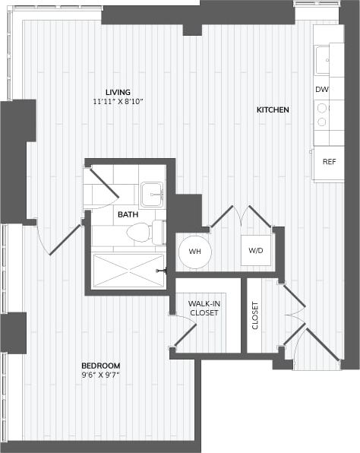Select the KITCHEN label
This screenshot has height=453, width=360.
pyautogui.click(x=273, y=110)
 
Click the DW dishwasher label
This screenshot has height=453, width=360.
pyautogui.click(x=322, y=90)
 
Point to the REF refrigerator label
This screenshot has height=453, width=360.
pyautogui.click(x=329, y=161)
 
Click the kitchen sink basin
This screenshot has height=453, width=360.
pyautogui.click(x=324, y=59)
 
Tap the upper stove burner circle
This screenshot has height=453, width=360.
pyautogui.click(x=322, y=108)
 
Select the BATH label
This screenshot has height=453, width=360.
pyautogui.click(x=128, y=215)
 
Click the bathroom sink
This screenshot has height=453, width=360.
pyautogui.click(x=152, y=193)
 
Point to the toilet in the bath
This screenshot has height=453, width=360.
pyautogui.click(x=139, y=233)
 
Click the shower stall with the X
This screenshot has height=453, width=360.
pyautogui.click(x=128, y=271)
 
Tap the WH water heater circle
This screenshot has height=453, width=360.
pyautogui.click(x=194, y=251)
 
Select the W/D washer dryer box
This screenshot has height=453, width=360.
pyautogui.click(x=256, y=251)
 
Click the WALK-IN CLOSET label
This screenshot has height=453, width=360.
pyautogui.click(x=204, y=309)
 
